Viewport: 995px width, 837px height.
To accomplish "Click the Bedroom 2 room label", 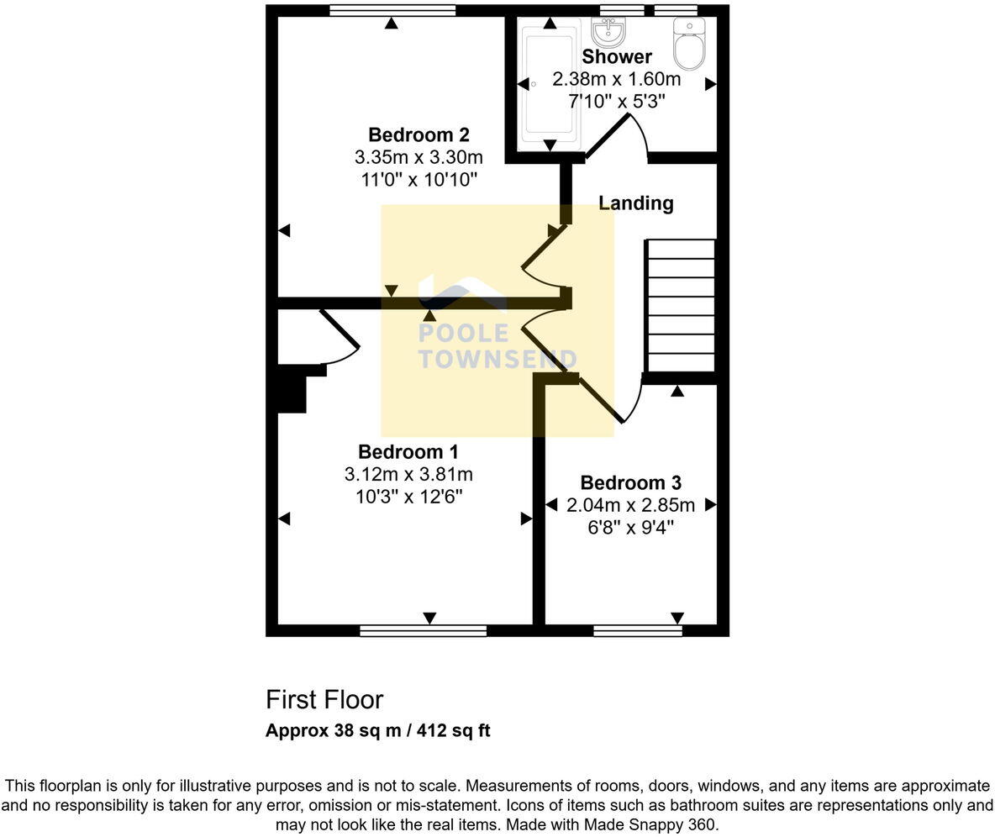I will pyautogui.click(x=419, y=134).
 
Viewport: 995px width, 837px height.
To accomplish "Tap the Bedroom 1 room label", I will pyautogui.click(x=408, y=452).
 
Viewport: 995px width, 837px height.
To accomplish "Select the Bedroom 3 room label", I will pyautogui.click(x=630, y=483).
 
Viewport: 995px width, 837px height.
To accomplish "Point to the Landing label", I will pyautogui.click(x=635, y=203).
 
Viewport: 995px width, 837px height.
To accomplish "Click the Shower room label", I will pyautogui.click(x=617, y=57).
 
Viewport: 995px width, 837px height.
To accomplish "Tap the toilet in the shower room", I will pyautogui.click(x=689, y=45).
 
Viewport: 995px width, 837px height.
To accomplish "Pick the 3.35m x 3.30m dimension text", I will pyautogui.click(x=419, y=157).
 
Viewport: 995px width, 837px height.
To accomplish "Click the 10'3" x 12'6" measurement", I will pyautogui.click(x=408, y=497).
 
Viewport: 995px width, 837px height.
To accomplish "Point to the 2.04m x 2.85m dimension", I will pyautogui.click(x=630, y=505).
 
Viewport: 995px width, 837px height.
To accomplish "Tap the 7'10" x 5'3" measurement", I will pyautogui.click(x=617, y=101).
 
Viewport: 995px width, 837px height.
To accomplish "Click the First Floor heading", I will pyautogui.click(x=324, y=700).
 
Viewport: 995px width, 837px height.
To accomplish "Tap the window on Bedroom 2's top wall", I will pyautogui.click(x=392, y=11).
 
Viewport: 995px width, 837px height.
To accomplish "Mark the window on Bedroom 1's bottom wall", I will pyautogui.click(x=423, y=630).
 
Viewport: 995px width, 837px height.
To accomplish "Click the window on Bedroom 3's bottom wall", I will pyautogui.click(x=637, y=630).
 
